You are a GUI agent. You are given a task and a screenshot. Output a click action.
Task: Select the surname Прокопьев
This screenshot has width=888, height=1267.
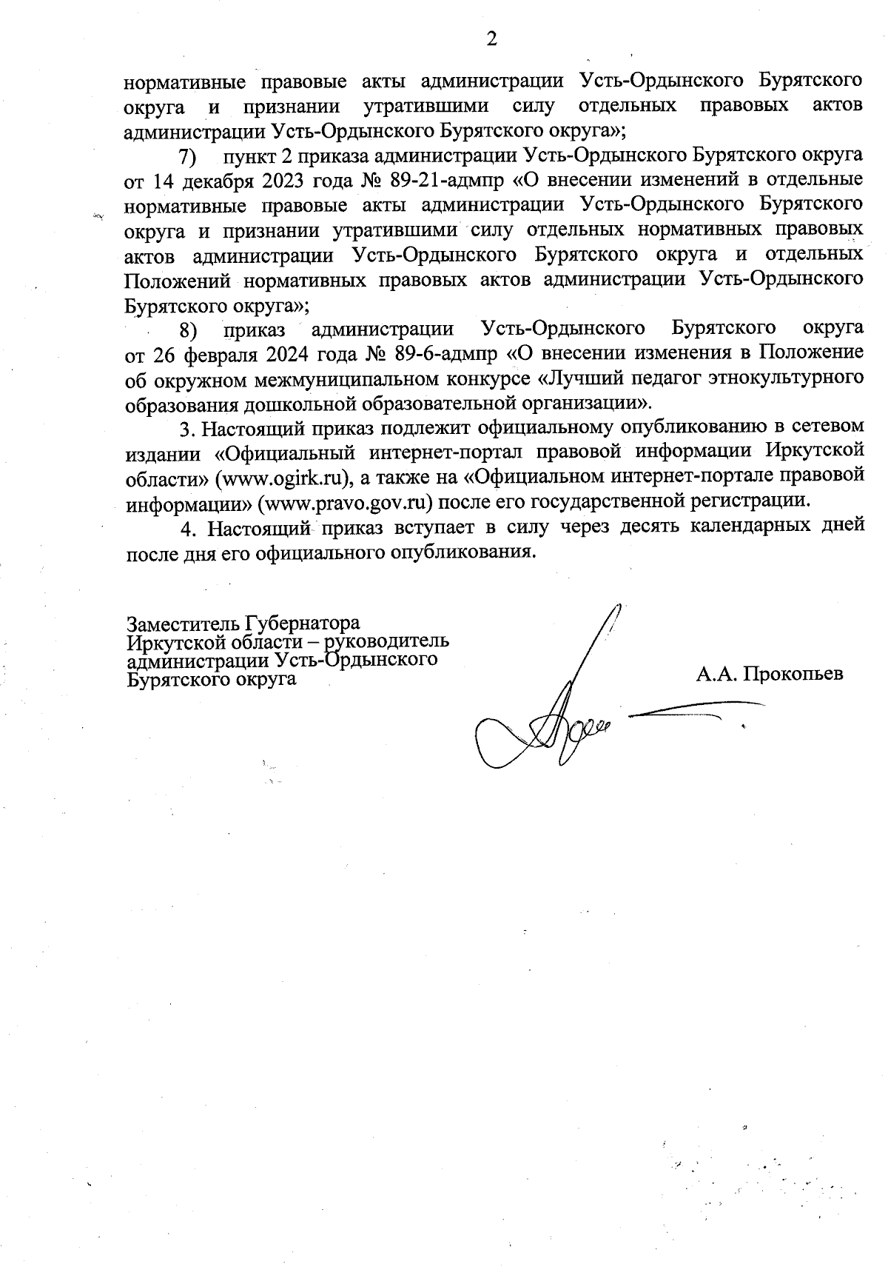point(793,675)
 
